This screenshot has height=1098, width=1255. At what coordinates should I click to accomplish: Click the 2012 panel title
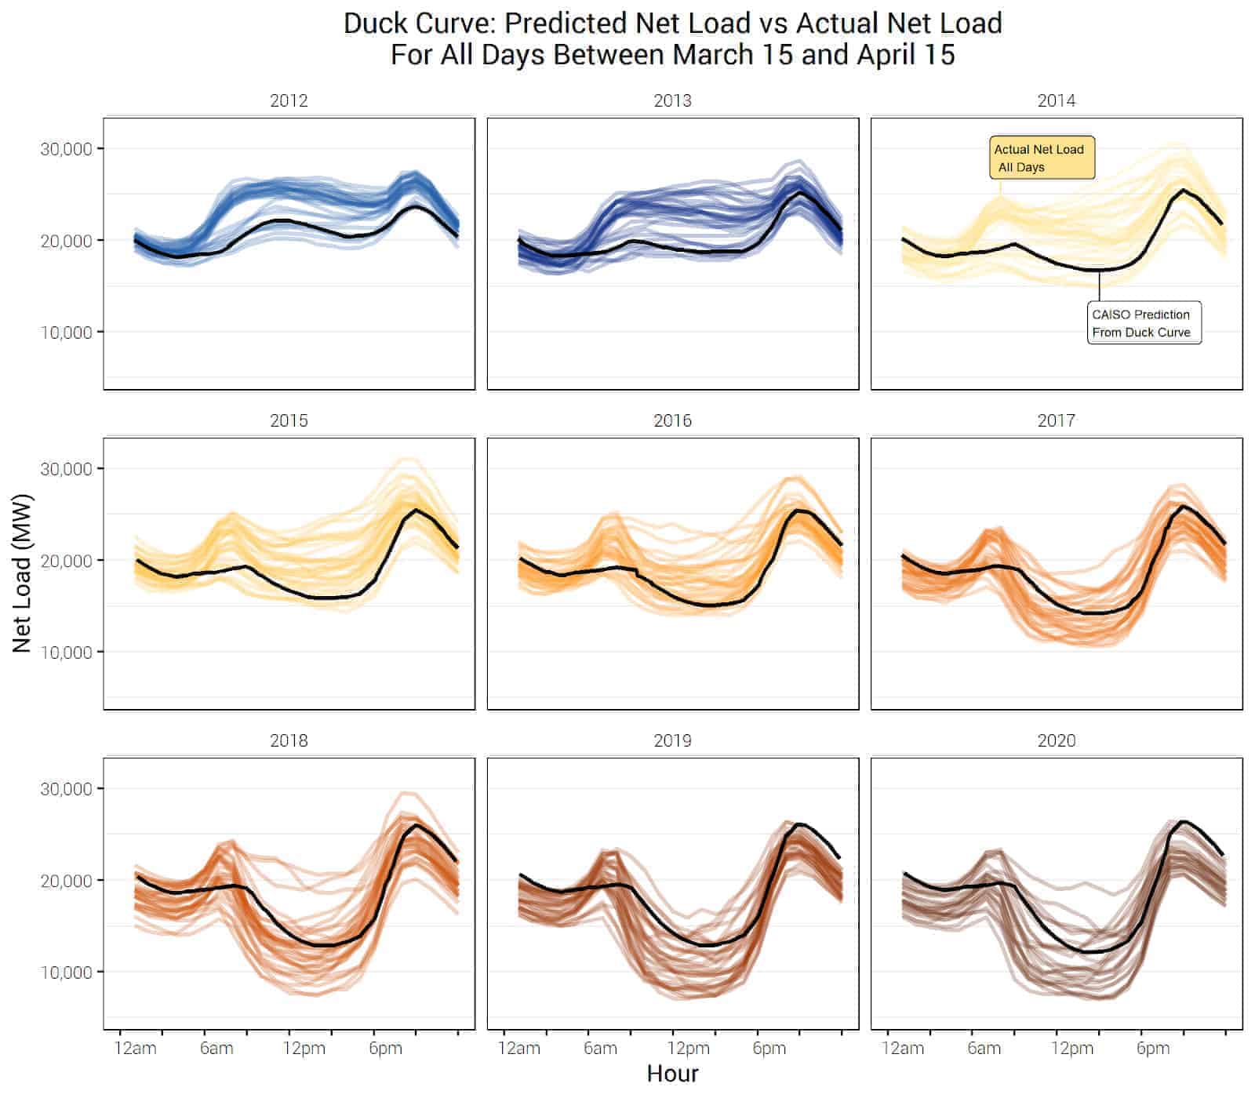289,101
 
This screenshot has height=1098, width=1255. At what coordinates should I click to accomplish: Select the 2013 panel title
672,101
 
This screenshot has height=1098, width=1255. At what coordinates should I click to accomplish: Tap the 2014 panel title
1056,101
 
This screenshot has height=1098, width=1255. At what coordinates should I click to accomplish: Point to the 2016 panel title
672,421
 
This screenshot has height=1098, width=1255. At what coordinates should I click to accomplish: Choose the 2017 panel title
1056,421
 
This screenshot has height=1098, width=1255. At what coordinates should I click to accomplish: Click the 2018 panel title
289,741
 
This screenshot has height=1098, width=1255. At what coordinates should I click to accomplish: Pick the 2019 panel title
672,741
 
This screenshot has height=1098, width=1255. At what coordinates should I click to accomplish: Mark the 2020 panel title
1056,741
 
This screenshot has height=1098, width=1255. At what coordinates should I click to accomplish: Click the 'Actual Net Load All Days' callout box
1041,158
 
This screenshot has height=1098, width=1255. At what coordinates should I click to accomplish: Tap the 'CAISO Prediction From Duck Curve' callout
1143,323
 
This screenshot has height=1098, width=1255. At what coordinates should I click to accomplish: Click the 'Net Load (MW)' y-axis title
22,573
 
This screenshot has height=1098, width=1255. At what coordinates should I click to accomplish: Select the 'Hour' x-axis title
672,1074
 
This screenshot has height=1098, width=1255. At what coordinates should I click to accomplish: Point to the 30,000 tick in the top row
66,149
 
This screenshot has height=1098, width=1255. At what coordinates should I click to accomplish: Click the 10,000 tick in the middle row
66,653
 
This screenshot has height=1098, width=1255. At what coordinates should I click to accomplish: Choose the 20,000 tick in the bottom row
66,881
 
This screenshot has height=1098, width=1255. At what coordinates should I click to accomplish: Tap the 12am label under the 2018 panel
136,1049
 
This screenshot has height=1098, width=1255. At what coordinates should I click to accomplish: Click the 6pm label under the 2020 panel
1152,1049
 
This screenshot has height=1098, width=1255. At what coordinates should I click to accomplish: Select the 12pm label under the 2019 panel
688,1049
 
